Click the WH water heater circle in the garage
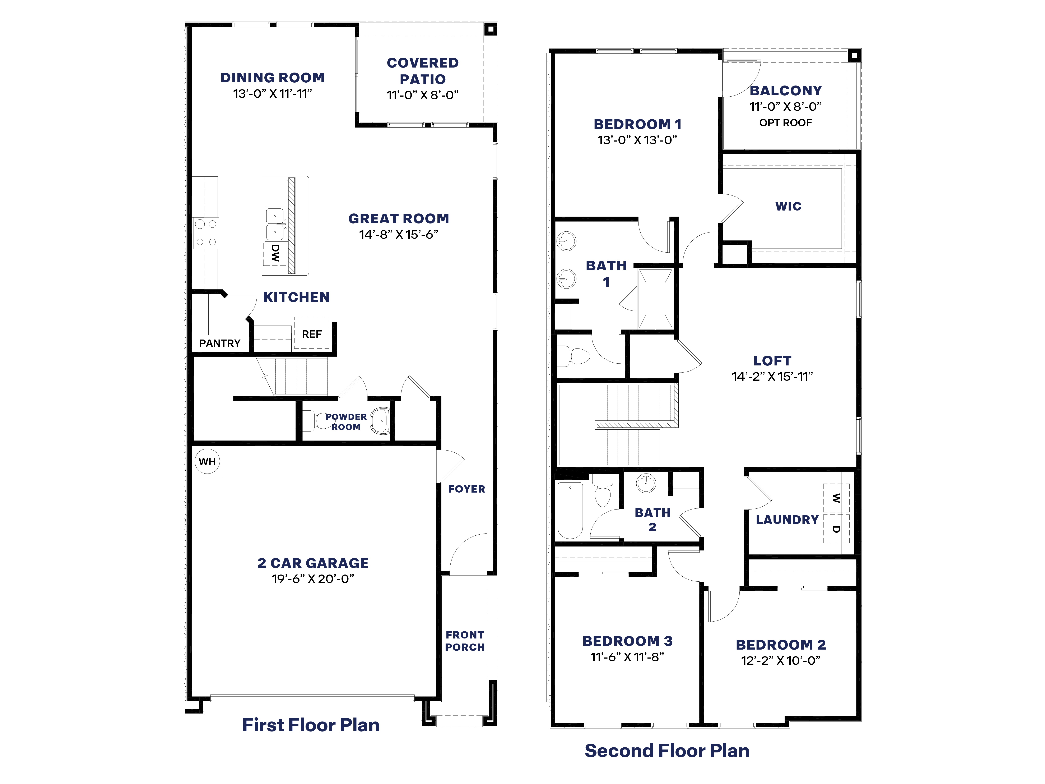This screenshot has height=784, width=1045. tap(207, 461)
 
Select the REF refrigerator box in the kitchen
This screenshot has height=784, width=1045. tap(312, 334)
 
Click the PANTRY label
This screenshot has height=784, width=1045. tap(220, 343)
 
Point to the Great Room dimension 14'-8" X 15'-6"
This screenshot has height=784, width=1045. tap(398, 234)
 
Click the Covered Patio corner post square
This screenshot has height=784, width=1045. tap(491, 29)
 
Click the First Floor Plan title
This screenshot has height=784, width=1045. tap(310, 725)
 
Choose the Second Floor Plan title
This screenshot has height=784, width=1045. tap(667, 751)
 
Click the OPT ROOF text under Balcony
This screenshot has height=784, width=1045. tap(785, 123)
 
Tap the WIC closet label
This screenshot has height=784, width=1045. tap(788, 206)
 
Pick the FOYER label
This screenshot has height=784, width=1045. tap(466, 489)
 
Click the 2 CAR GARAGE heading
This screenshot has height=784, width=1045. tap(313, 563)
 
